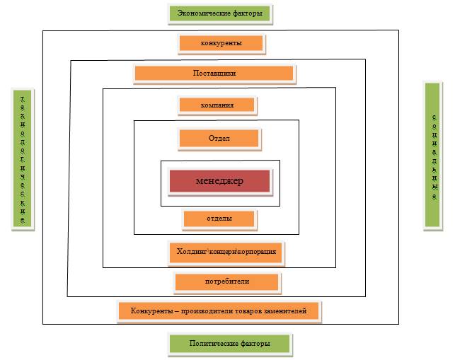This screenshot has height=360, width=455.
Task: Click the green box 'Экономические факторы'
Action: [x=220, y=13]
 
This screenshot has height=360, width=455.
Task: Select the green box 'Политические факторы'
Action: [x=230, y=344]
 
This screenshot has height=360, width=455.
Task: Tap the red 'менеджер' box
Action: [x=219, y=181]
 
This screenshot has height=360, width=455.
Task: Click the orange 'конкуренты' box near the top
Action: [x=221, y=43]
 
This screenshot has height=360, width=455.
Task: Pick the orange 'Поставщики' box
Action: [x=214, y=73]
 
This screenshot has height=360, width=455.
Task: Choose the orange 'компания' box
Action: [x=217, y=105]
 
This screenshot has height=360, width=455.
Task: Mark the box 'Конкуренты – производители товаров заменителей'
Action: [x=219, y=310]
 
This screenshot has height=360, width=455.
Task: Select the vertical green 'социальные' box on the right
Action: [x=434, y=156]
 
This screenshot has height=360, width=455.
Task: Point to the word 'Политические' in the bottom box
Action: [x=213, y=344]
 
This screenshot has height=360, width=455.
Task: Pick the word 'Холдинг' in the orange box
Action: [x=190, y=251]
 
